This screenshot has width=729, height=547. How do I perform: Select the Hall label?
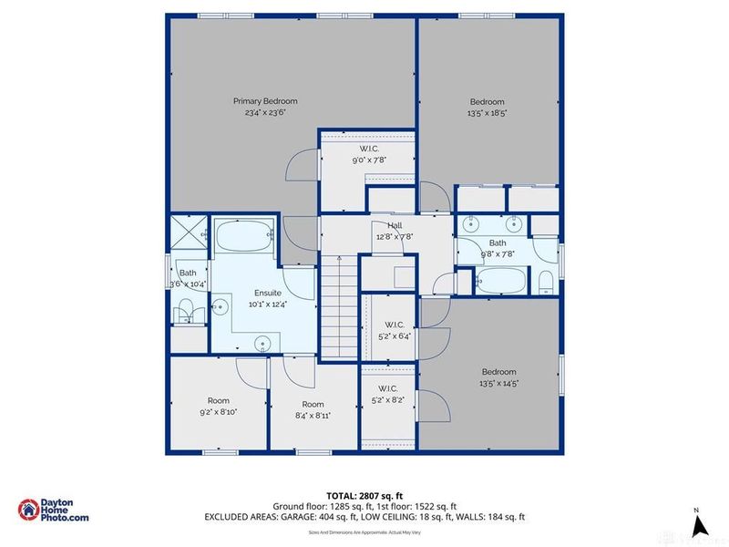click(395, 226)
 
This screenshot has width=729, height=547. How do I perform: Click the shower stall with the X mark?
click(186, 232)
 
